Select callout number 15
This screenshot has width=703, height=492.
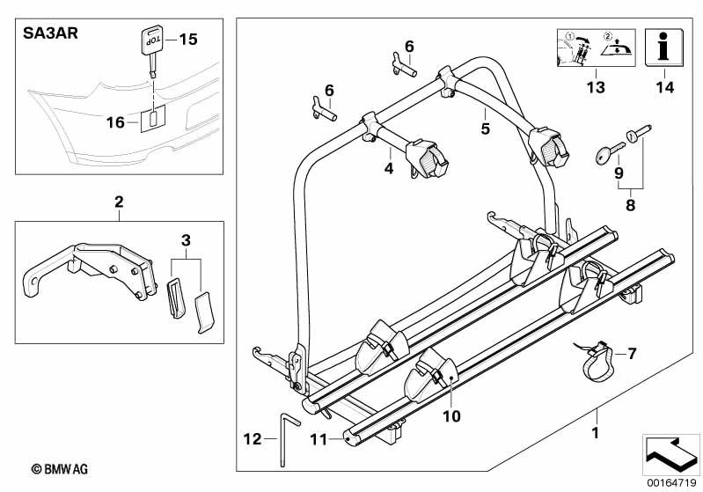[x=188, y=39]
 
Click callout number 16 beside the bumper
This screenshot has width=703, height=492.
[x=115, y=122]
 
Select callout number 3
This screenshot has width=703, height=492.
[x=186, y=239]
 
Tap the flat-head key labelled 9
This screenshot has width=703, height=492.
[x=604, y=151]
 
